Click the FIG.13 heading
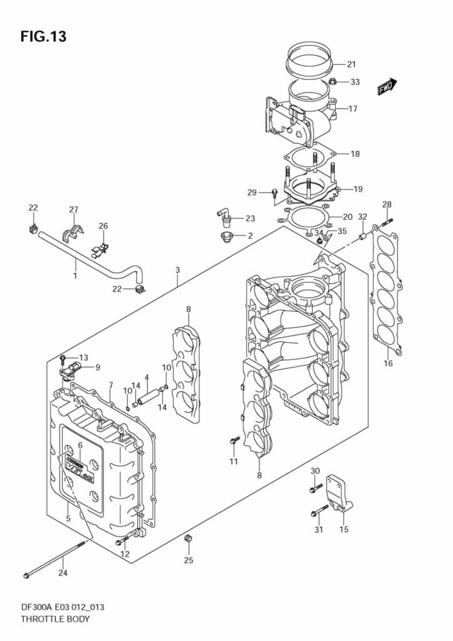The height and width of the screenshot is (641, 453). coord(43,36)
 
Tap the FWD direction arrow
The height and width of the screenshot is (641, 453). coord(386,87)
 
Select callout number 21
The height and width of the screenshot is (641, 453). coord(351,64)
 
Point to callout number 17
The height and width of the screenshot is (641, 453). coord(353,109)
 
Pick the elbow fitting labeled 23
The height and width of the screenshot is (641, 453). coord(224,217)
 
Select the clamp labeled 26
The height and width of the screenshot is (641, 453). coord(98,249)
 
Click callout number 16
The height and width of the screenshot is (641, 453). coord(388,364)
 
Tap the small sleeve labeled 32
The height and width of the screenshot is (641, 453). coord(362,237)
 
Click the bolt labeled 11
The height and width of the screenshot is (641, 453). coord(234,441)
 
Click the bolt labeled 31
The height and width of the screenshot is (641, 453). coord(319,511)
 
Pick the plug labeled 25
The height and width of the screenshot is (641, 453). coord(187,539)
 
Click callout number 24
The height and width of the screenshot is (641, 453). coord(63,572)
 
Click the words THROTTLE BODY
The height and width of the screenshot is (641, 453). coord(55,620)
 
